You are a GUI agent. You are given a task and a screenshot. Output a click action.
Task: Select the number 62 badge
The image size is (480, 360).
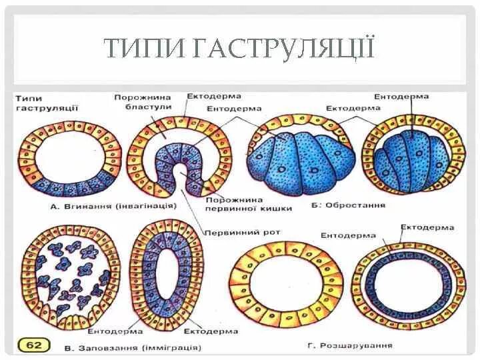(x=31, y=345)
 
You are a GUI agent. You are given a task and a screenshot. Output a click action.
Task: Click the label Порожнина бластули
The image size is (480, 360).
(x=143, y=102)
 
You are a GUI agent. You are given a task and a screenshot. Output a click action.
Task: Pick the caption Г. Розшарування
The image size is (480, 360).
(x=351, y=345)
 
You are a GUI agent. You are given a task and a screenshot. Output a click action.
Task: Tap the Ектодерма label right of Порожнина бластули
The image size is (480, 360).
(x=214, y=97)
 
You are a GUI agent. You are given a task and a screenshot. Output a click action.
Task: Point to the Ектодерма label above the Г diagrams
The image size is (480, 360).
(x=427, y=227)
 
